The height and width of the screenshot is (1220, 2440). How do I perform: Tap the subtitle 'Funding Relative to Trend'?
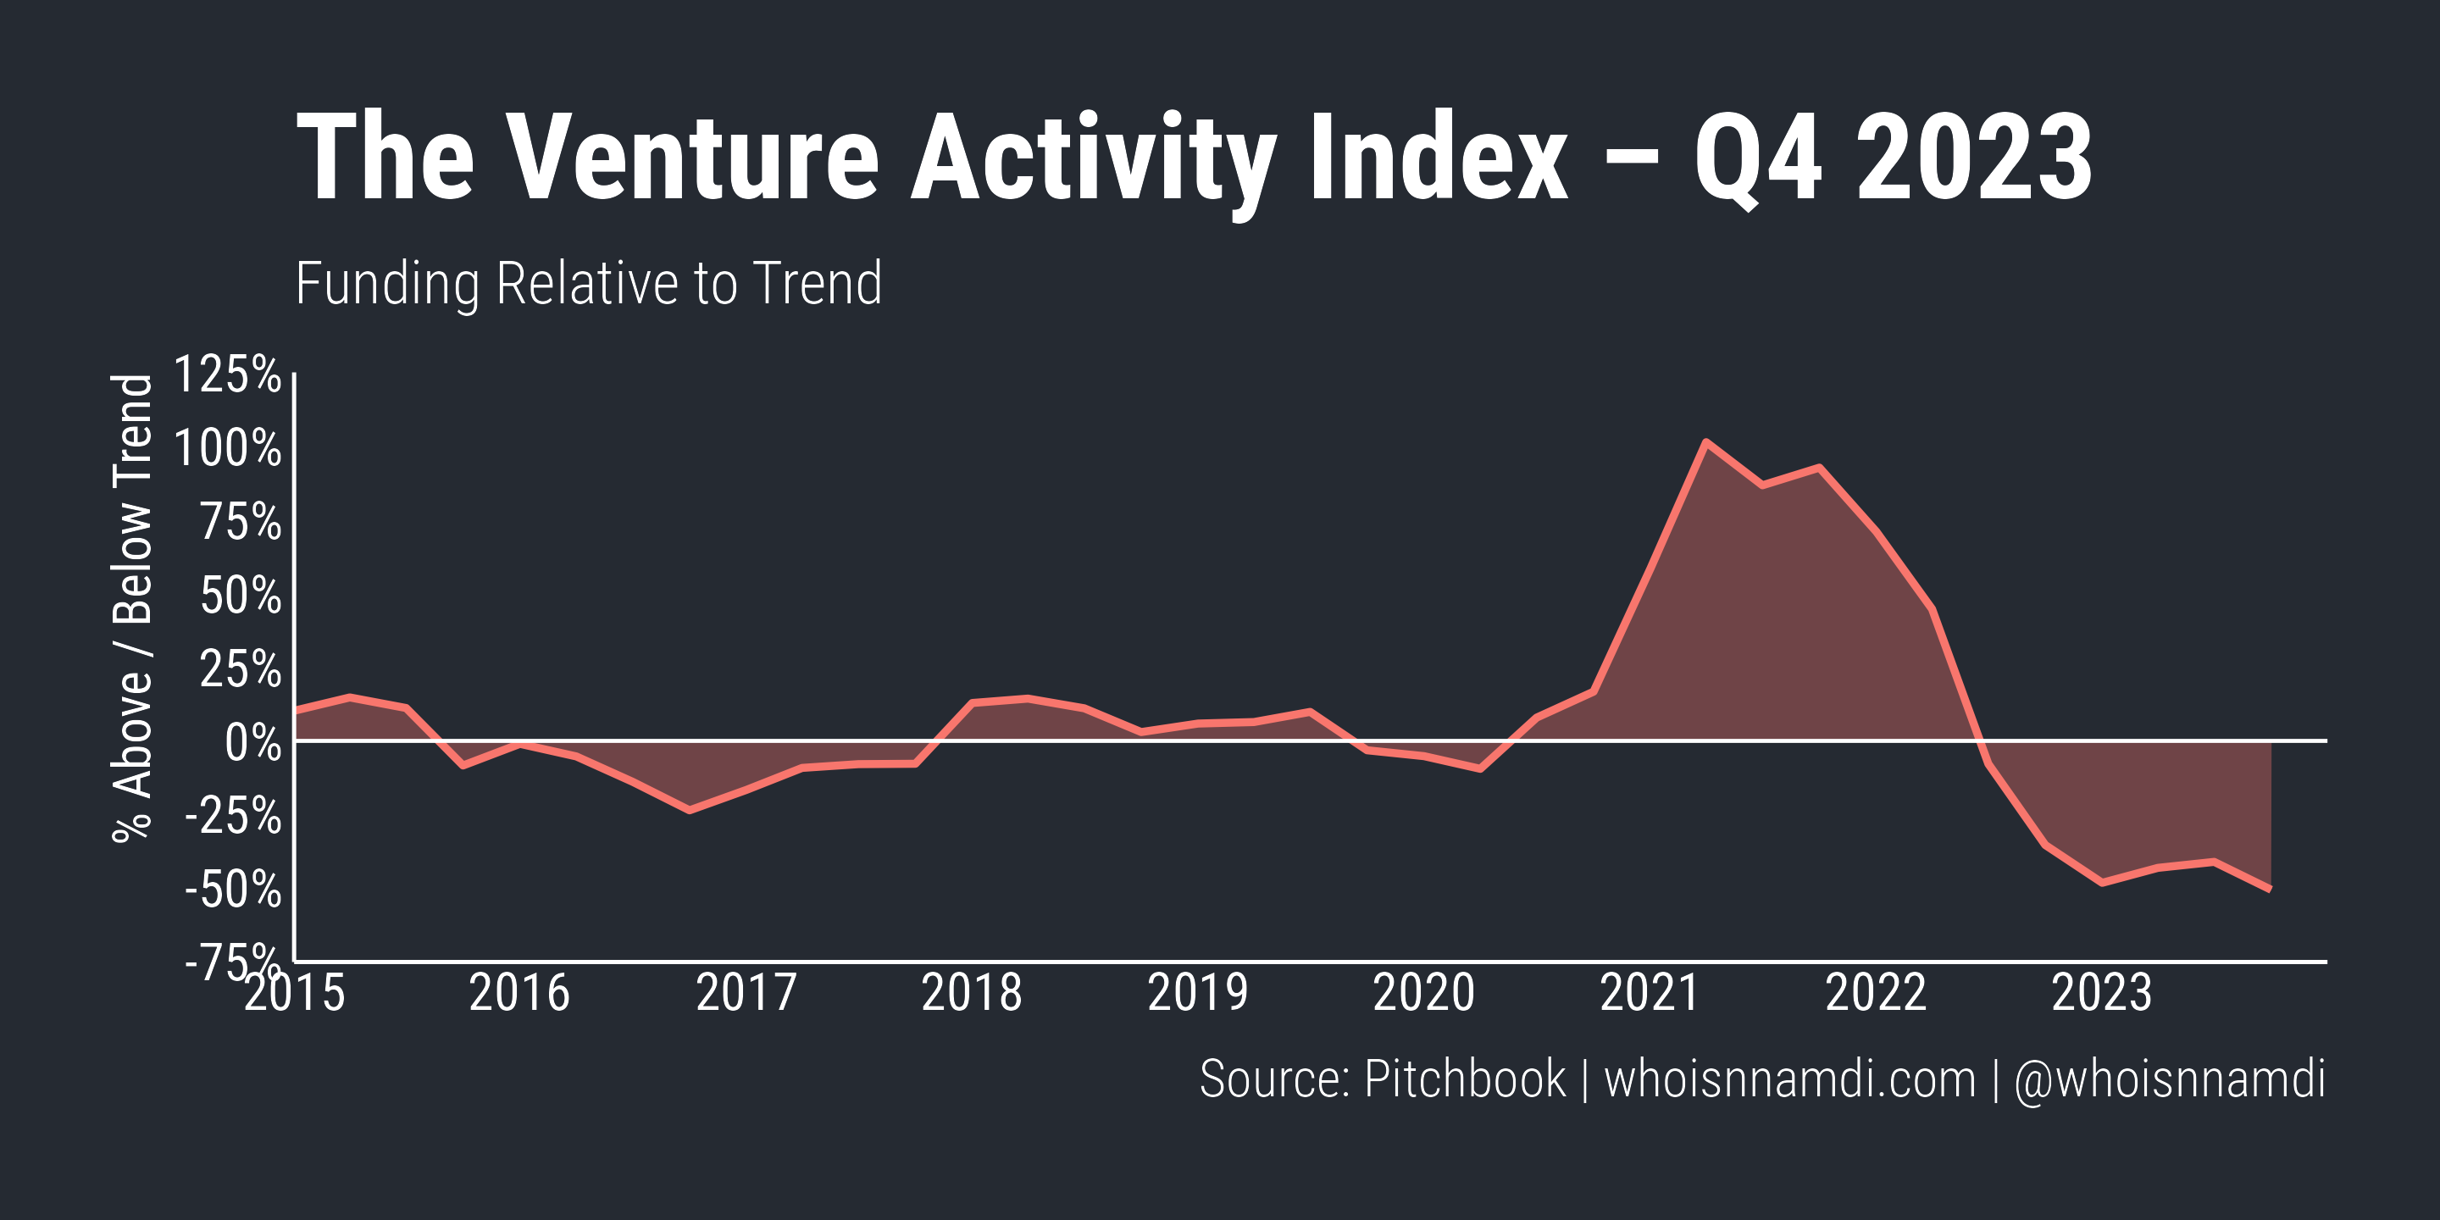(x=588, y=283)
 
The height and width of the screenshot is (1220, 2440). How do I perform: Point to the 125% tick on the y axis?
(x=227, y=374)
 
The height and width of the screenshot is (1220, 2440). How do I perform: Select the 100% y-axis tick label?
(x=227, y=448)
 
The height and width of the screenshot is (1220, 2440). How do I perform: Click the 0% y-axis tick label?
(x=252, y=744)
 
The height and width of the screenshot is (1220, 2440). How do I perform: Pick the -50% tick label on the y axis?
(x=233, y=890)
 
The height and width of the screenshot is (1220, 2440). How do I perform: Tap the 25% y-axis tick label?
(x=240, y=669)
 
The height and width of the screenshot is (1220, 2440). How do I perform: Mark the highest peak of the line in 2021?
(x=1705, y=442)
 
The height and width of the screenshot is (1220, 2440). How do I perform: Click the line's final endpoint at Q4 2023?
(x=2270, y=890)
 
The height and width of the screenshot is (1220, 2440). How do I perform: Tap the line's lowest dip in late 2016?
(x=689, y=810)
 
